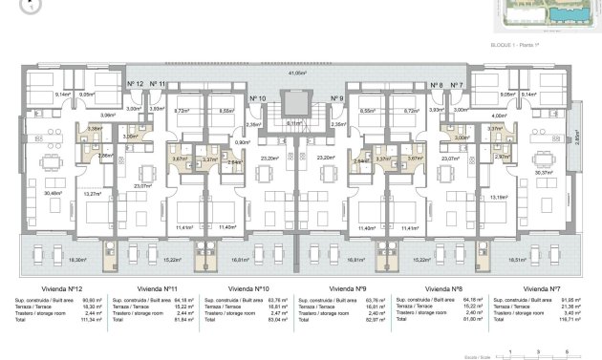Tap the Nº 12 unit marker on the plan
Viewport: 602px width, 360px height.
pos(135,85)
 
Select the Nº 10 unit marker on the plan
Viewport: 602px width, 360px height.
pos(257,97)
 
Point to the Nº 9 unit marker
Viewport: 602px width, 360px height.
pos(336,97)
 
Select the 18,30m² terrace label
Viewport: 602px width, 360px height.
pos(50,259)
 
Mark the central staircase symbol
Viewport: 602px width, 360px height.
pos(296,106)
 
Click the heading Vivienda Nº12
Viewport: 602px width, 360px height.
pos(53,288)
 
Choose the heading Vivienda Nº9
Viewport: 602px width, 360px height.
pos(348,288)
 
